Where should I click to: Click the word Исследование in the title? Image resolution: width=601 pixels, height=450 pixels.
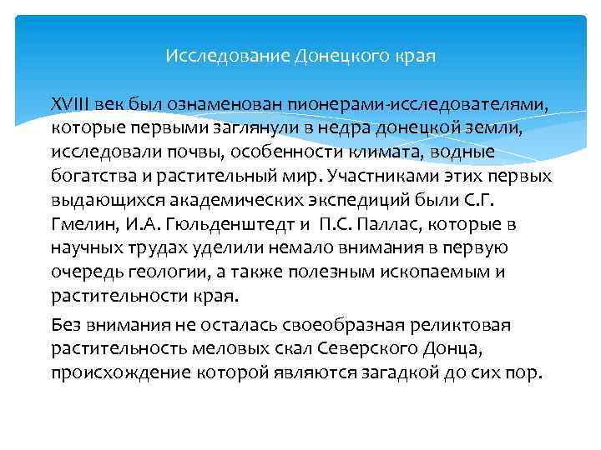tap(227, 57)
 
